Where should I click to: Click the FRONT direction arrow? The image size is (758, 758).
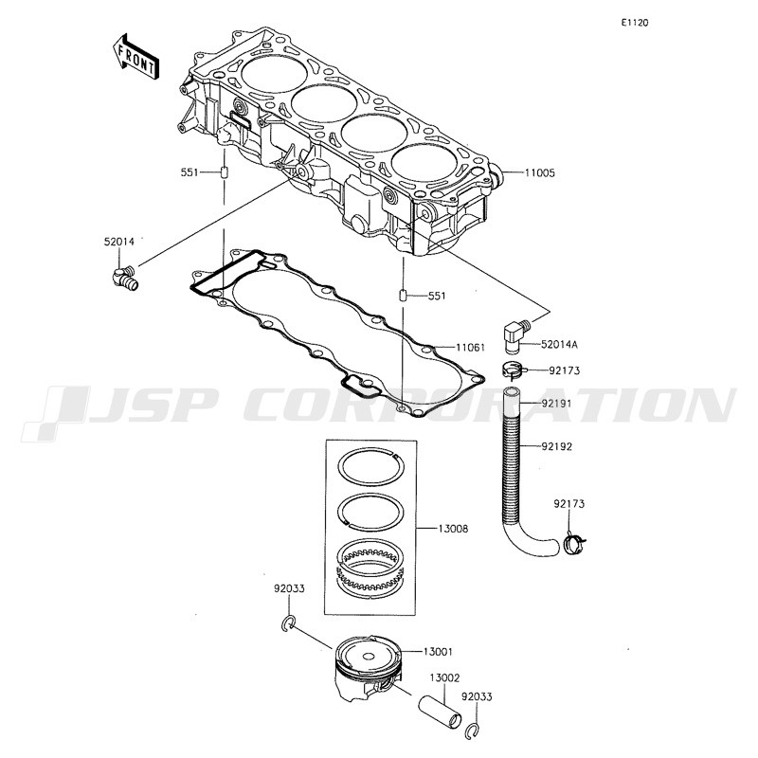coord(135,57)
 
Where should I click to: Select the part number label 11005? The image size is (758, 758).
coord(539,172)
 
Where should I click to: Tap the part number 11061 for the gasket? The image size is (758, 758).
coord(470,347)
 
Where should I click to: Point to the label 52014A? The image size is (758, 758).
coord(559,344)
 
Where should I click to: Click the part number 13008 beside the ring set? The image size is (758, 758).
coord(453,529)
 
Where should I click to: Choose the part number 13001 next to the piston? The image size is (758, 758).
coord(438,652)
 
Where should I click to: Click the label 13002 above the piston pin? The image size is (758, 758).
coord(444,677)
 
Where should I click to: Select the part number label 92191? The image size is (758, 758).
coord(556,404)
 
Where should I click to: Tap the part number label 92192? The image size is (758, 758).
coord(556,446)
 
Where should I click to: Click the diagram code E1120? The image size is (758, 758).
coord(635,23)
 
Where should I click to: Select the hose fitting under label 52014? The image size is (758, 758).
coord(125,277)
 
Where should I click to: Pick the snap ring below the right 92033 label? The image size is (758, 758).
coord(472,731)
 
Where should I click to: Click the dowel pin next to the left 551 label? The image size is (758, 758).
coord(225,172)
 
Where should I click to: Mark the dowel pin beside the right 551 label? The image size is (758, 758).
coord(402,295)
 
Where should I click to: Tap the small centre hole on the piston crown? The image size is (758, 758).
coord(368,657)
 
